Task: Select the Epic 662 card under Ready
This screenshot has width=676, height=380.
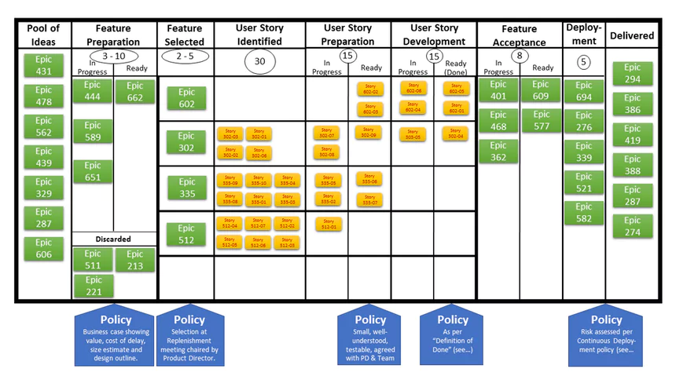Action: point(135,91)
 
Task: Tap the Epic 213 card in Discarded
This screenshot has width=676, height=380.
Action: point(135,260)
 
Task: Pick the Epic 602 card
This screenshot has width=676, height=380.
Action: point(186,98)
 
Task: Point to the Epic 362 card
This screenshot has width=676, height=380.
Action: point(498,152)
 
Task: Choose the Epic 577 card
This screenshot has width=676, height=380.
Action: point(541,120)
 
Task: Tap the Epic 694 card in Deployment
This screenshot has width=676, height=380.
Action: point(583,91)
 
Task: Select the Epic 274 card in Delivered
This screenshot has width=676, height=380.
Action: point(632,226)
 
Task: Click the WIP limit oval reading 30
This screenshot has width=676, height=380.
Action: point(259,61)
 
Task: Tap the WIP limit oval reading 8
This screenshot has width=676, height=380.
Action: point(519,56)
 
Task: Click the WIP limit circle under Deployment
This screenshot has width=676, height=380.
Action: point(583,61)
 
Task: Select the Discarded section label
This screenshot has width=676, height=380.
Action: point(114,239)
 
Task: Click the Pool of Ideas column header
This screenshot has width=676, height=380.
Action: point(43,35)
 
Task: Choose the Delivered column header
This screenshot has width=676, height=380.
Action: point(632,35)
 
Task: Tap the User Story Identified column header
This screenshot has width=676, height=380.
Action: point(259,35)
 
